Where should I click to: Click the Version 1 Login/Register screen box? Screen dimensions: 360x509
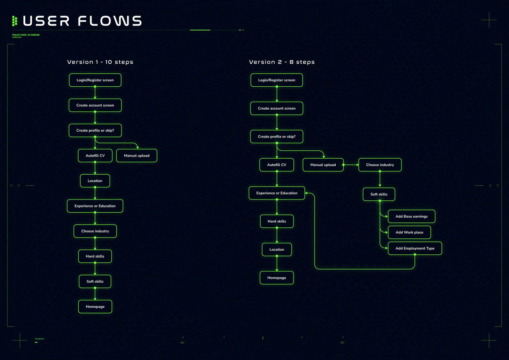pos(95,80)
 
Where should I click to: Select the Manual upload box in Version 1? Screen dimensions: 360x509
pos(137,156)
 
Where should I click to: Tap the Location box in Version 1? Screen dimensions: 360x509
pos(95,181)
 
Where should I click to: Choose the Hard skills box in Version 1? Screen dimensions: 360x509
pos(95,257)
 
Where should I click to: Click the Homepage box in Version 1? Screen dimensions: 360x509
pos(95,307)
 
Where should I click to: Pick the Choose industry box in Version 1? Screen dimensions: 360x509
pos(95,231)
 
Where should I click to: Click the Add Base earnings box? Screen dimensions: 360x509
pos(411,217)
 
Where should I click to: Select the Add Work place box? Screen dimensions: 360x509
pos(409,233)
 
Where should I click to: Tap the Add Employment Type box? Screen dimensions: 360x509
pos(415,249)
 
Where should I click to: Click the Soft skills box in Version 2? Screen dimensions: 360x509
pos(379,195)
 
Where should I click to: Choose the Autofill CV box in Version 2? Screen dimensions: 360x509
pos(277,165)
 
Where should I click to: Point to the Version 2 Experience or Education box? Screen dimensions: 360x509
pos(277,193)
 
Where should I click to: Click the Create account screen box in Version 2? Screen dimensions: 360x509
pos(277,108)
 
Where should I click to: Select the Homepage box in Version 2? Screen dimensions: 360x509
pos(277,278)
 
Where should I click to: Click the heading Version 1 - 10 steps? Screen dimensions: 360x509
pos(100,62)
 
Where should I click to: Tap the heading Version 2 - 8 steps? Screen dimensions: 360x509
pos(282,62)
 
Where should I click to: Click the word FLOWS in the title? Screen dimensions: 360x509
pos(110,21)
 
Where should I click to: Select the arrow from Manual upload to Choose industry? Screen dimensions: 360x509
pos(351,165)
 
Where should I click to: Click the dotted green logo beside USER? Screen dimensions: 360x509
pos(15,21)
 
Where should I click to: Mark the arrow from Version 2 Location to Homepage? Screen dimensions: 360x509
pos(277,264)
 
